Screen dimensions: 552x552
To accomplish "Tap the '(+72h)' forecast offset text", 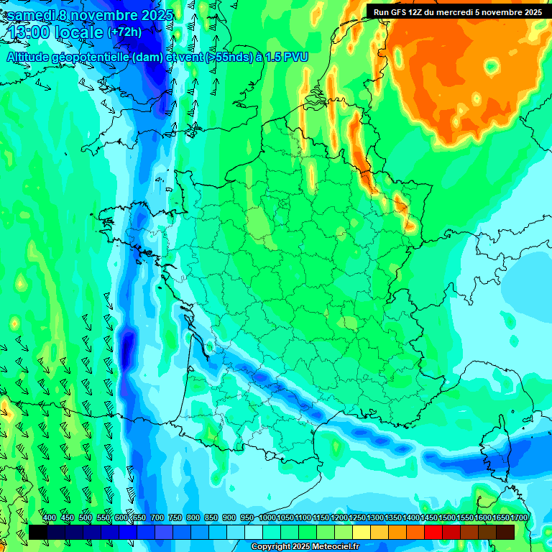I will click(x=124, y=32).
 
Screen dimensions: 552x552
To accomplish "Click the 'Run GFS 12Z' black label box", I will click(x=458, y=11).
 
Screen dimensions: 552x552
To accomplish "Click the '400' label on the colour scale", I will click(x=50, y=517).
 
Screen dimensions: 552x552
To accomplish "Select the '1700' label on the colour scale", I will click(x=519, y=517).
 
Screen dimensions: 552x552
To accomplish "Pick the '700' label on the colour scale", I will click(x=157, y=517).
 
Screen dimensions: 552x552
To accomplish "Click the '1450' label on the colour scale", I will click(x=429, y=517).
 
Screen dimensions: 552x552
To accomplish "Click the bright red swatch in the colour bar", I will click(x=433, y=532).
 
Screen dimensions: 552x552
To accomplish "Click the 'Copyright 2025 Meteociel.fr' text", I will click(x=305, y=546).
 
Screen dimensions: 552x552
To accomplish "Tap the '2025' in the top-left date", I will click(x=154, y=14).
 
